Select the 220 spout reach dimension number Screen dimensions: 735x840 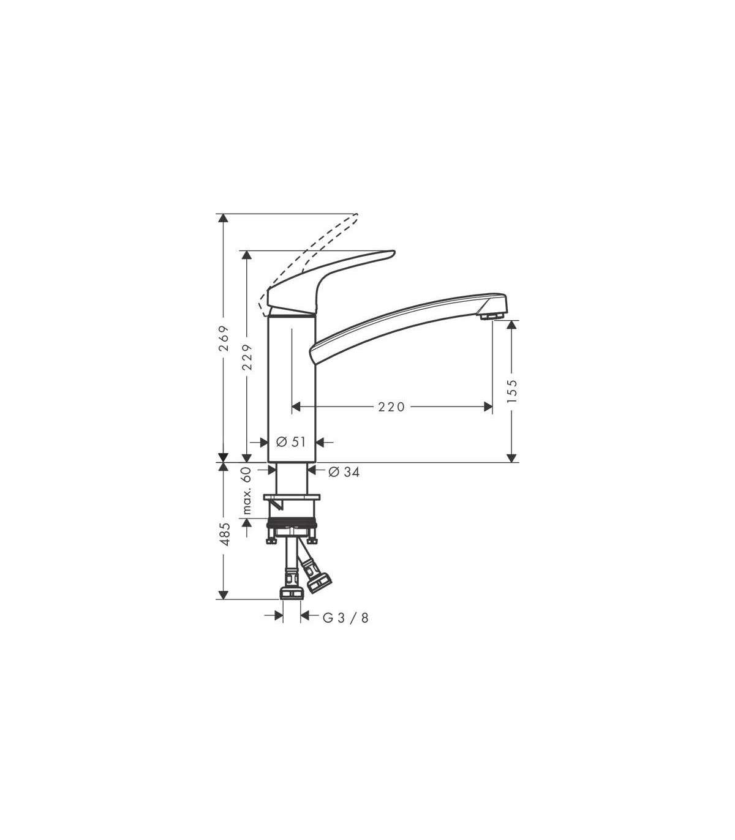[x=391, y=407]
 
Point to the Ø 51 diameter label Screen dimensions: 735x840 [x=291, y=442]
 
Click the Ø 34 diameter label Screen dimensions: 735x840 [x=344, y=473]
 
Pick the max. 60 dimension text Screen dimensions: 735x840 [x=247, y=491]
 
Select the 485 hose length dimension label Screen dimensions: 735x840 [x=224, y=534]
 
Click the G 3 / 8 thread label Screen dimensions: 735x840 [x=345, y=630]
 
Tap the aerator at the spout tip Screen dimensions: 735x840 [x=492, y=316]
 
